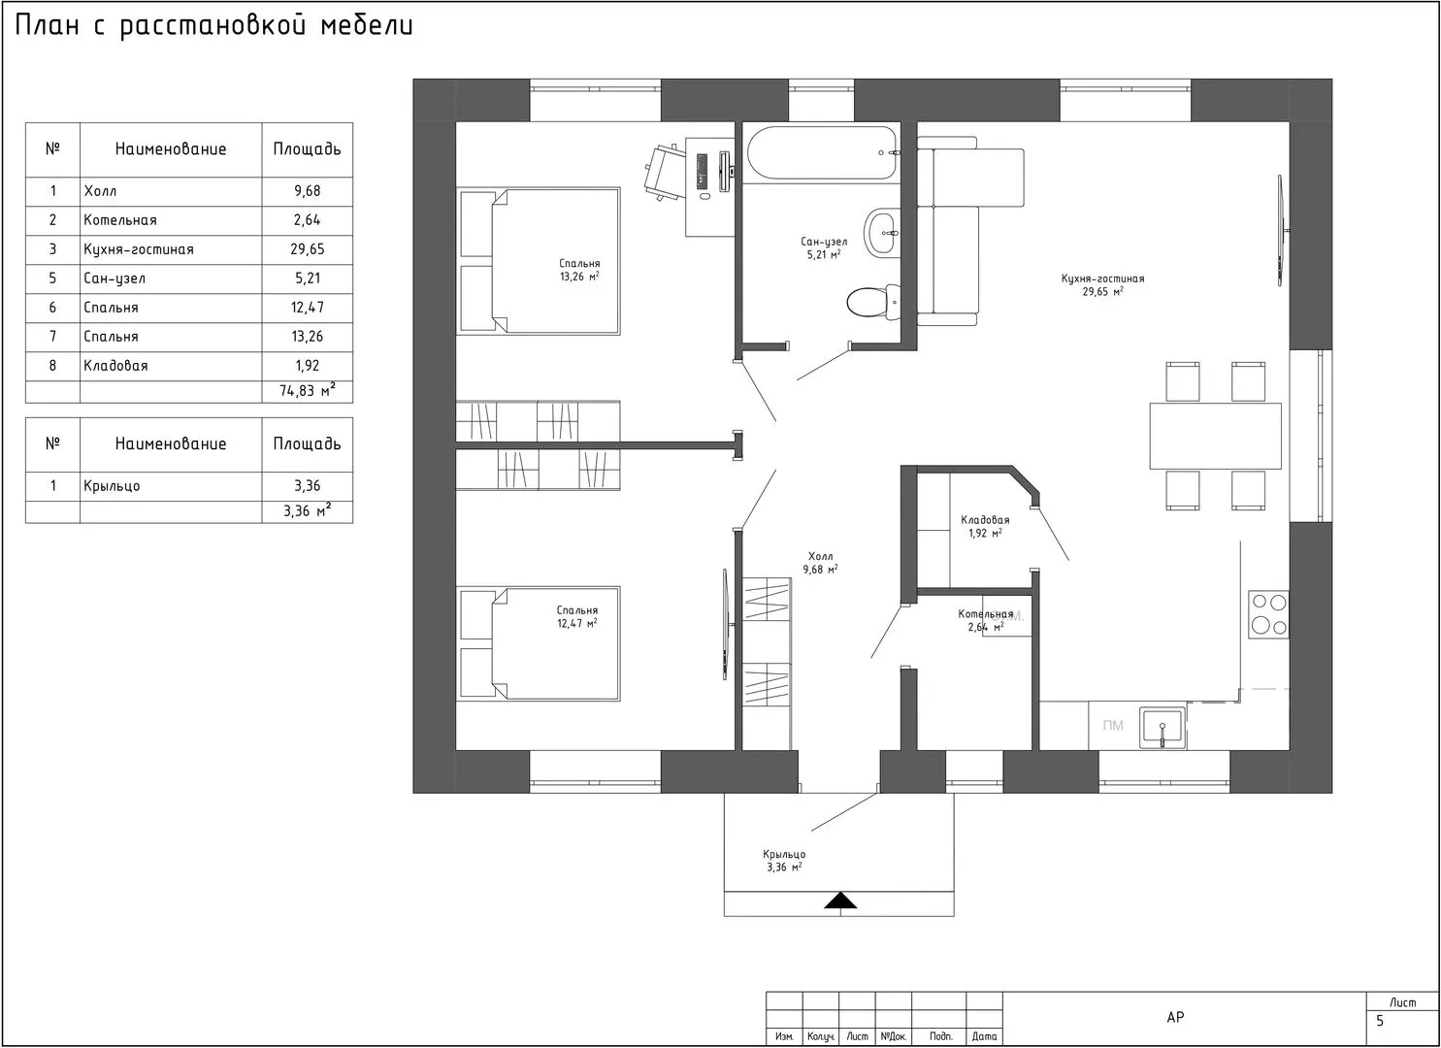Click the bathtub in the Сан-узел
point(822,153)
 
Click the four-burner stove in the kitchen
point(1268,614)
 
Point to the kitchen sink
point(1163,728)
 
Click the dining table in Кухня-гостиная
point(1215,436)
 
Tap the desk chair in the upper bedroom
point(665,173)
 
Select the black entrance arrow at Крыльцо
point(840,901)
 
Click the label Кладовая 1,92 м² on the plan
point(985,526)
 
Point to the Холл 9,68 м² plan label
point(820,563)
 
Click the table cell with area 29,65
point(308,249)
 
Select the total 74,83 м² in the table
point(308,390)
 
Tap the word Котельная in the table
point(120,220)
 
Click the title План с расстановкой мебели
point(213,26)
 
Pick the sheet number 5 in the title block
point(1380,1021)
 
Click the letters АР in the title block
point(1175,1017)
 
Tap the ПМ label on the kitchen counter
point(1113,726)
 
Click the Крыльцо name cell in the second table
point(112,486)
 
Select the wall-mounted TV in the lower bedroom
point(726,624)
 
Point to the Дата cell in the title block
point(984,1036)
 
